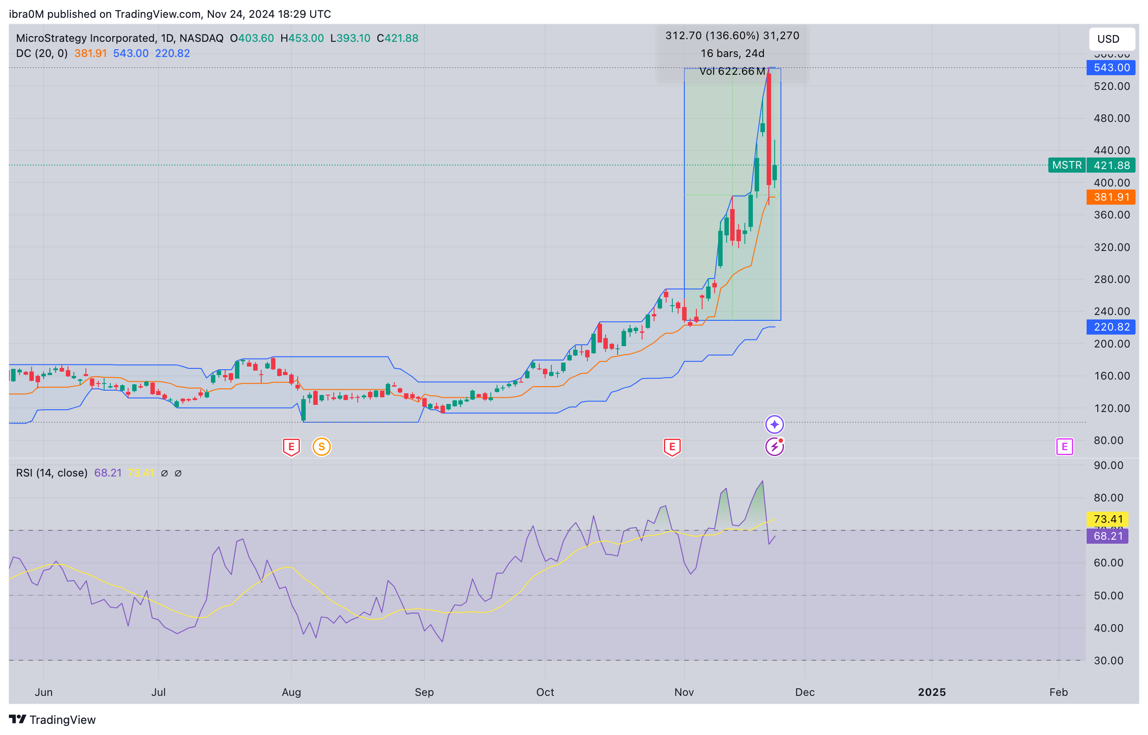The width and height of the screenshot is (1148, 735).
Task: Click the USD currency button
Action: click(x=1111, y=39)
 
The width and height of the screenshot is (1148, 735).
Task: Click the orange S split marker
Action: click(x=321, y=447)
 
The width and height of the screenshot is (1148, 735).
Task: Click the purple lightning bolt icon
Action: click(x=774, y=447)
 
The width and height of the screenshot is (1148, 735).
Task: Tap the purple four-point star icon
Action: click(x=774, y=424)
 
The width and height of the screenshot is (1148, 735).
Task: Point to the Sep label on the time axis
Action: click(x=424, y=692)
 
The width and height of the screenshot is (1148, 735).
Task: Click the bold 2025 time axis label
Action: click(x=931, y=692)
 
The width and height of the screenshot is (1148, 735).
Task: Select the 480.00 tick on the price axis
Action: click(x=1111, y=118)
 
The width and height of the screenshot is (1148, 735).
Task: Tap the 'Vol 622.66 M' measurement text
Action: click(x=732, y=71)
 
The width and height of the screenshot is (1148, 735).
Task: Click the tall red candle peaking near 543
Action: click(x=768, y=129)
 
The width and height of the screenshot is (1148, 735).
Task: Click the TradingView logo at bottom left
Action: click(x=53, y=719)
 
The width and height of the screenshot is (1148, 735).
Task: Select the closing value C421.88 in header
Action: click(x=397, y=38)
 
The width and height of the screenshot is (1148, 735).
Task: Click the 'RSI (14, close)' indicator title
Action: click(x=52, y=473)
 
